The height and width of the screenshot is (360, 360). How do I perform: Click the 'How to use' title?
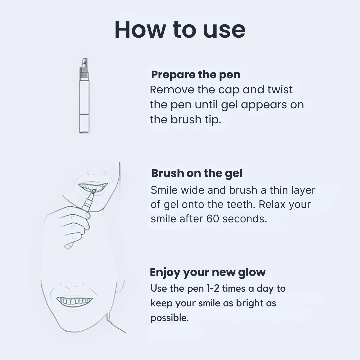(x=180, y=30)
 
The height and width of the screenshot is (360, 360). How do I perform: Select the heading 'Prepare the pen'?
(x=195, y=75)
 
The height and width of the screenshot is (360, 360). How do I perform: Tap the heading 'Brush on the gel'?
(x=196, y=173)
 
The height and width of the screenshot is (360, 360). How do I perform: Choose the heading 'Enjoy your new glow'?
(x=207, y=272)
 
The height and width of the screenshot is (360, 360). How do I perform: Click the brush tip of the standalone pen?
(x=84, y=62)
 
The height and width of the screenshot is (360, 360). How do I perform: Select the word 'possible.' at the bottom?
(x=169, y=318)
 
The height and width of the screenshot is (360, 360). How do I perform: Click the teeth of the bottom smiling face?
(x=74, y=301)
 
